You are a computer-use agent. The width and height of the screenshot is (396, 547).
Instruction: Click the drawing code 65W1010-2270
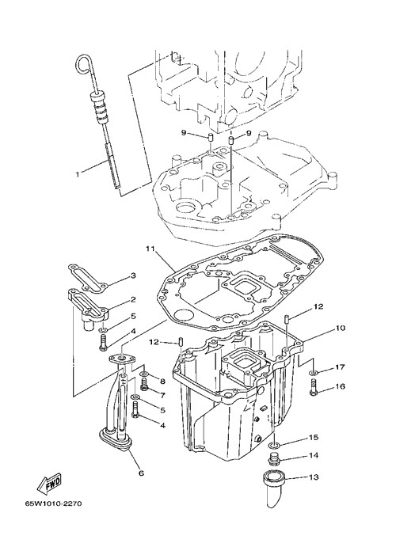(53, 503)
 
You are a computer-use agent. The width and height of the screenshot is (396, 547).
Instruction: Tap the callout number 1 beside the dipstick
(78, 174)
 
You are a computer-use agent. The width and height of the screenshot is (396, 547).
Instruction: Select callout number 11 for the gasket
(150, 249)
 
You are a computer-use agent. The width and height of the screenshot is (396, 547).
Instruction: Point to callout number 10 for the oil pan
(341, 328)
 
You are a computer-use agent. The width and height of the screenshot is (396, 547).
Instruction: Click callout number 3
(133, 275)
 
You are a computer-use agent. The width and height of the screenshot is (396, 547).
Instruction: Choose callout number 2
(133, 299)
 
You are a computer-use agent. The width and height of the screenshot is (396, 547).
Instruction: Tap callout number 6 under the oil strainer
(141, 473)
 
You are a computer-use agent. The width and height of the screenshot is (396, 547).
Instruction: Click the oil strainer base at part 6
(115, 439)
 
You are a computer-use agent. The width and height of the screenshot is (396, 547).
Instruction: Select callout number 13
(314, 477)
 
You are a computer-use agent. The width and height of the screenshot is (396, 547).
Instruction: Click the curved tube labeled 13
(275, 488)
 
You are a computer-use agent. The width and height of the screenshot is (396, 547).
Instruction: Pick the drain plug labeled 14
(273, 459)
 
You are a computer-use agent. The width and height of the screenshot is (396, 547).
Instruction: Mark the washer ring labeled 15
(274, 445)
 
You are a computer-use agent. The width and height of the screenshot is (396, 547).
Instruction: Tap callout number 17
(340, 367)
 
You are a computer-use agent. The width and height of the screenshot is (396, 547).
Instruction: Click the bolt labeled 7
(144, 386)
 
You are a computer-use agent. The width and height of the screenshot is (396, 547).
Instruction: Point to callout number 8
(162, 382)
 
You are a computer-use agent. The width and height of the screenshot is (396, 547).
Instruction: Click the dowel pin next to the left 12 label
(181, 341)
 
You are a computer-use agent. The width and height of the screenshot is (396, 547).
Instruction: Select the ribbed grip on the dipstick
(100, 108)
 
